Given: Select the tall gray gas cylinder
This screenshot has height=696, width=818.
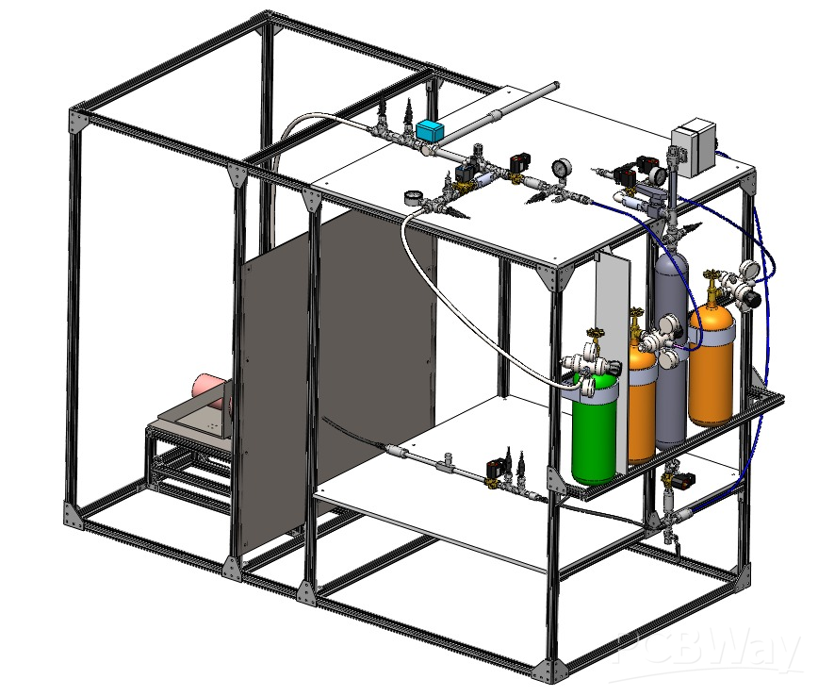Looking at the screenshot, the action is [x=671, y=344].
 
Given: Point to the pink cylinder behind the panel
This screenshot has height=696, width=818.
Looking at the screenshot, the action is [x=211, y=390].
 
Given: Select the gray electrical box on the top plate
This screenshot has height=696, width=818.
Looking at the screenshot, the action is [x=694, y=147].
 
